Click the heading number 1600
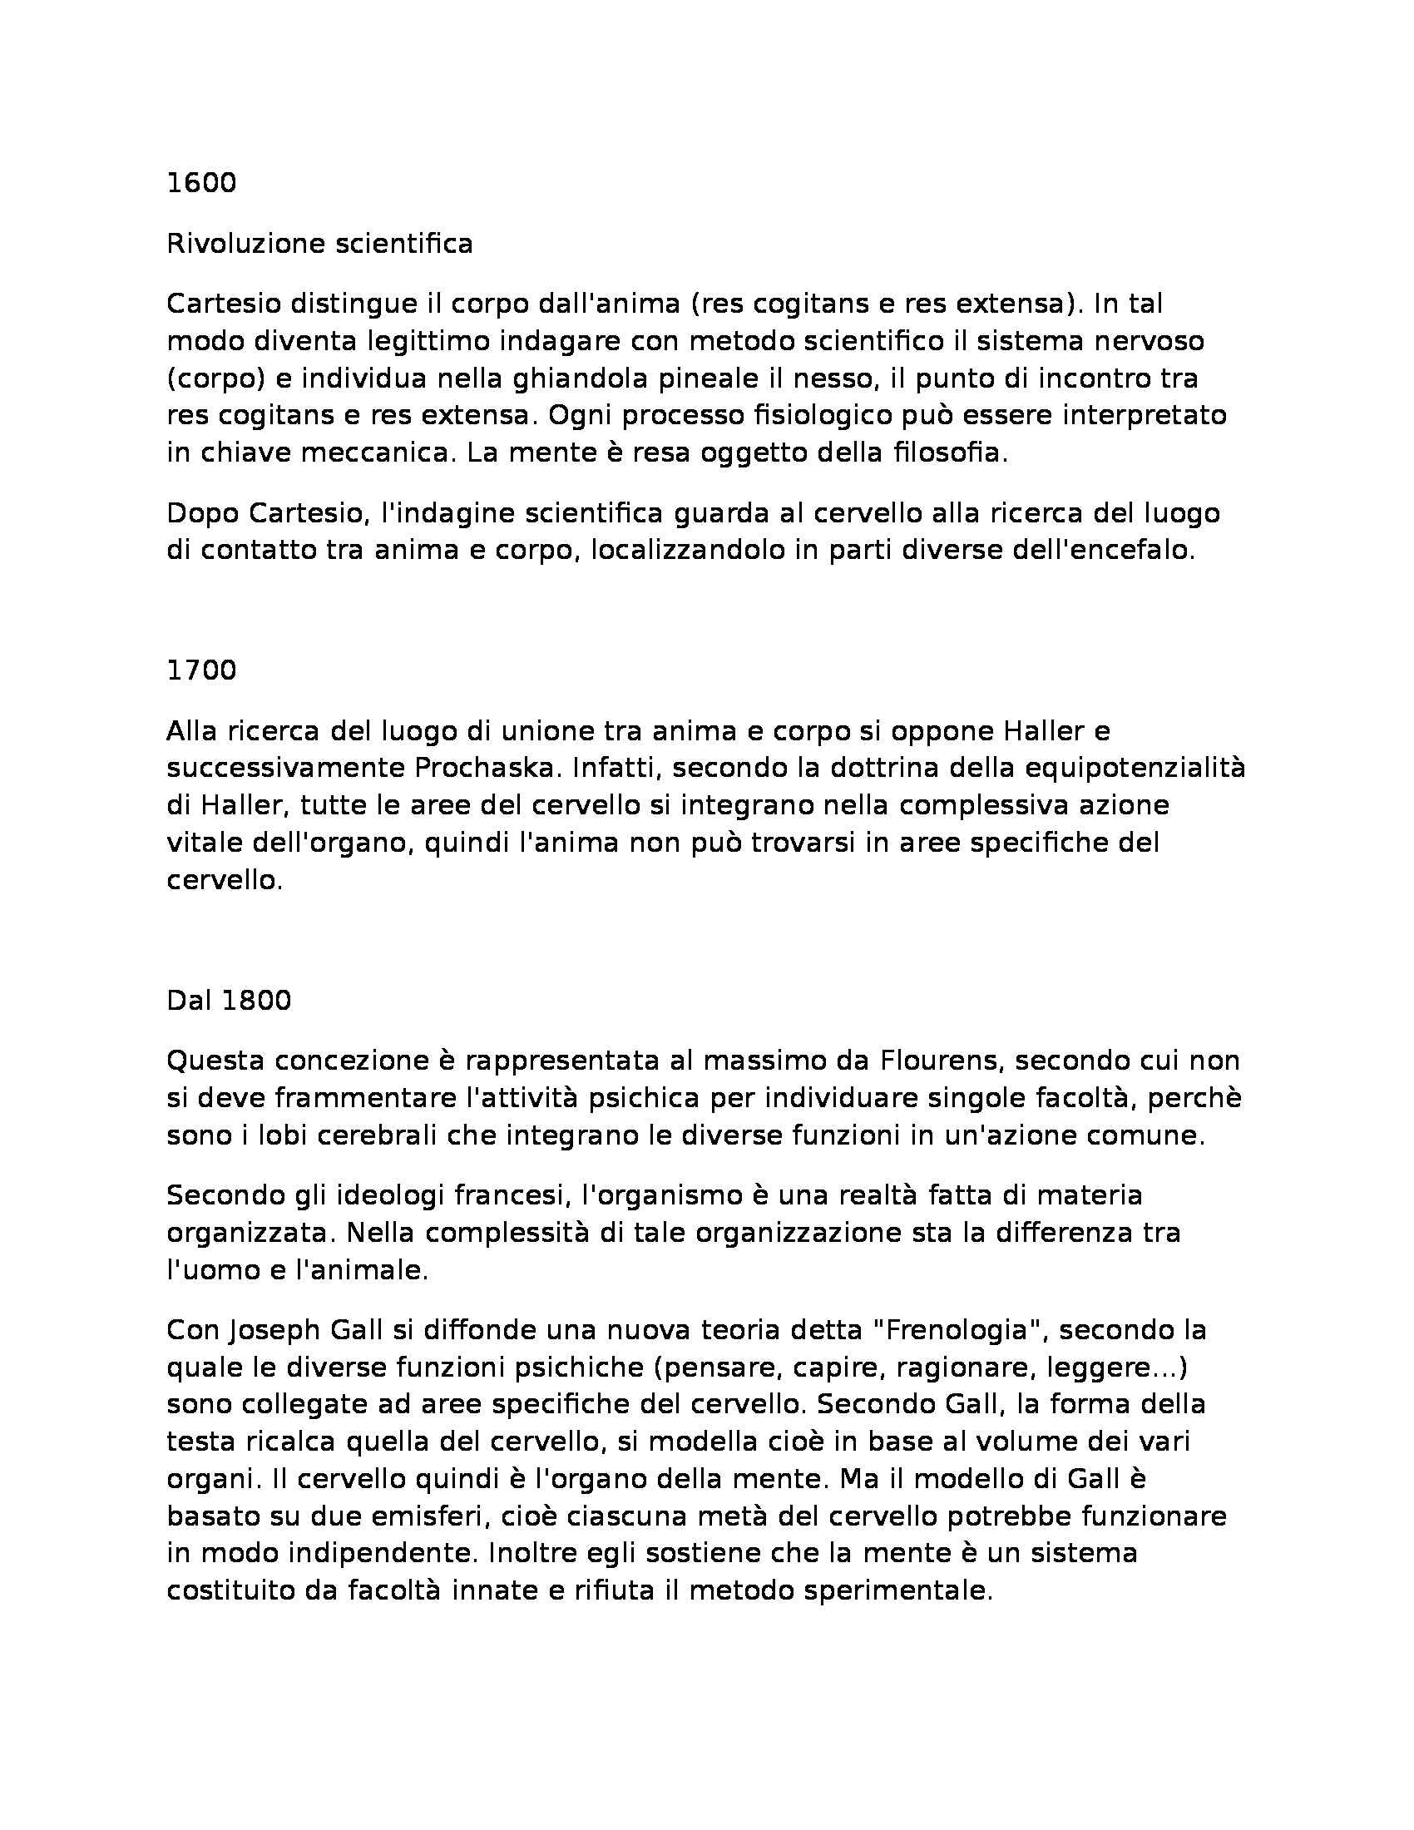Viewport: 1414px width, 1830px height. click(201, 183)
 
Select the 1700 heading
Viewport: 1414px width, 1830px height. click(201, 670)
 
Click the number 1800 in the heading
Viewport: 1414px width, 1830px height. click(255, 1001)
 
